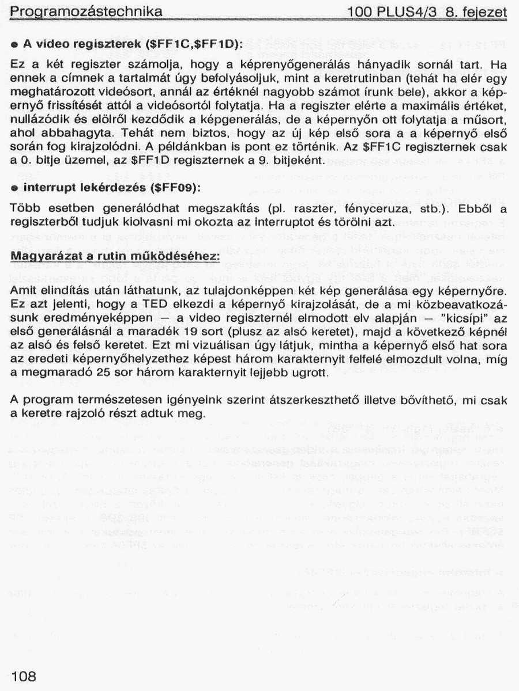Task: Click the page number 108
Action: point(23,677)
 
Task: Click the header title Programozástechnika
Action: point(86,12)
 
